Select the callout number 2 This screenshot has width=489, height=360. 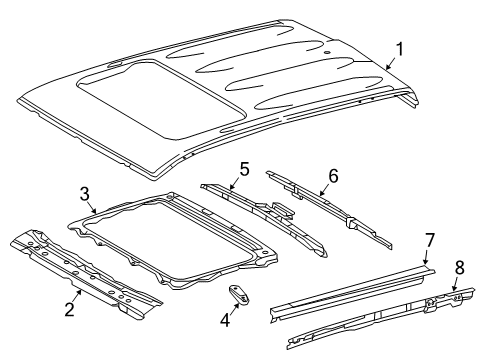(70, 309)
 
